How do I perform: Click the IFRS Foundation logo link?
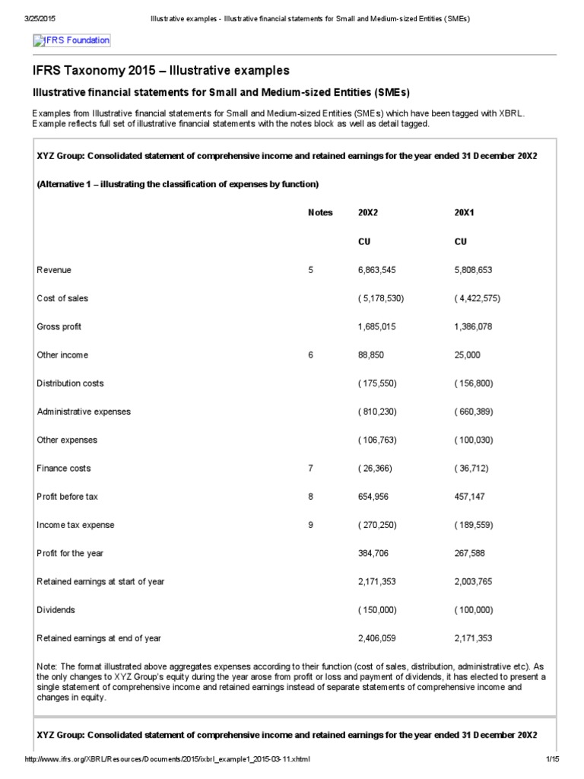(x=71, y=40)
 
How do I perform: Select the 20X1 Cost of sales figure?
(x=477, y=298)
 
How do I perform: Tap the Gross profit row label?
(x=59, y=326)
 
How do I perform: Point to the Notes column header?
(x=320, y=213)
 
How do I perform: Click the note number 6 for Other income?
(x=311, y=355)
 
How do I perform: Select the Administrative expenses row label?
(x=84, y=412)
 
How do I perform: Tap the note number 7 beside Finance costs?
(x=311, y=468)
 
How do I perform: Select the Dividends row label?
(x=56, y=609)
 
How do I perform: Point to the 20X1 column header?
(x=464, y=213)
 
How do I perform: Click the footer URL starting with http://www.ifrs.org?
(x=167, y=761)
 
